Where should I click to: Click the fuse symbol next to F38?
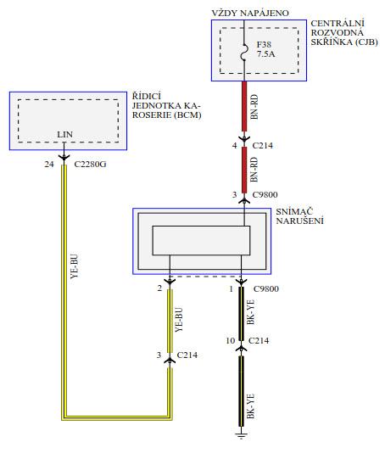coord(244,53)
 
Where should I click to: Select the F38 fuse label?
coord(264,44)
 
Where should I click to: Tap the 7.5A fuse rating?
coord(265,53)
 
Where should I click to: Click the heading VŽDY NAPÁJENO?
coord(250,14)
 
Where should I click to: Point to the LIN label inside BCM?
coord(64,134)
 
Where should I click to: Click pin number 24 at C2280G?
coord(49,164)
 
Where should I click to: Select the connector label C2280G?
coord(90,164)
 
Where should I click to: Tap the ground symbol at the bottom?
coord(242,434)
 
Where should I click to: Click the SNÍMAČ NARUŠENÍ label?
coord(299,216)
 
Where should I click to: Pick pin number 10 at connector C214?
coord(231,341)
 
